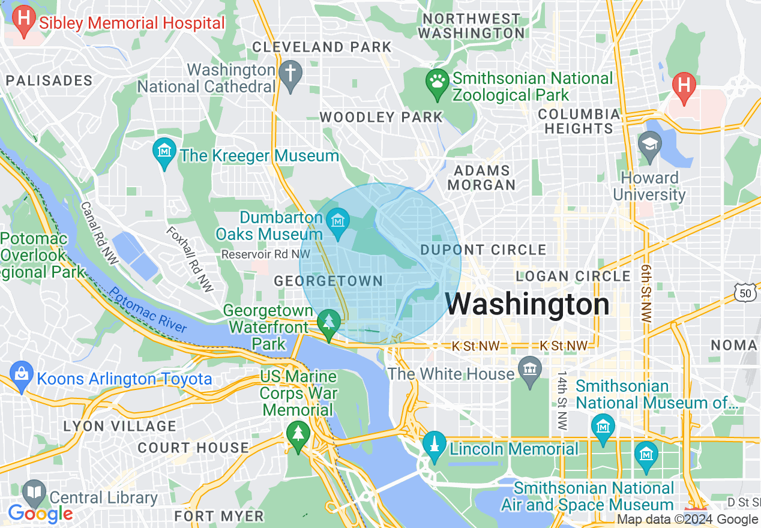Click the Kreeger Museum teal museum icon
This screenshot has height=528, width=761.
164,151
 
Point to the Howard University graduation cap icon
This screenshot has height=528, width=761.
650,145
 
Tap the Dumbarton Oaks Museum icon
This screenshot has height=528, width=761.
338,221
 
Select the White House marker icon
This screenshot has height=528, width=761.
530,367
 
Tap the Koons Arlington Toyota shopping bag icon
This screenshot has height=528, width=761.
21,374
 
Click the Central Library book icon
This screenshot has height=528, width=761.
34,493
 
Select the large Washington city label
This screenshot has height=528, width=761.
528,304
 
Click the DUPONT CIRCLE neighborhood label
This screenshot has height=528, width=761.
484,250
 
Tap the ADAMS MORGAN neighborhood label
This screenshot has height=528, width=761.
481,178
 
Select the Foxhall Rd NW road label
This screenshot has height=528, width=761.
190,259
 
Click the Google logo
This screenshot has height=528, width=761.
40,514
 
